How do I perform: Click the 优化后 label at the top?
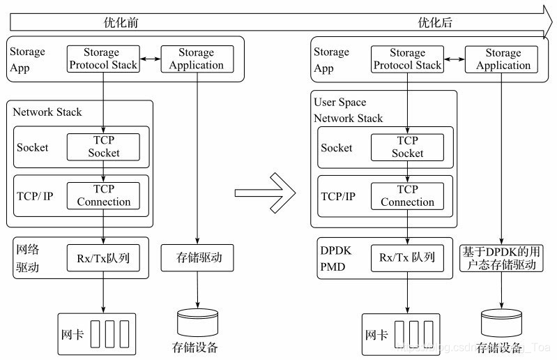coord(435,22)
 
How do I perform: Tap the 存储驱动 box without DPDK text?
coord(196,257)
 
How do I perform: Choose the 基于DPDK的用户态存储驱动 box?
coord(501,257)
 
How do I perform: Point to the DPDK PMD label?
coord(332,257)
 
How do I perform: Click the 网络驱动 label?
coord(28,257)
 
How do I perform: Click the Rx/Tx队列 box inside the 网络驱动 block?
coord(103,257)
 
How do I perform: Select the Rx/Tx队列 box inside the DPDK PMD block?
coord(407,257)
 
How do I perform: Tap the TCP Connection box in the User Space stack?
coord(407,195)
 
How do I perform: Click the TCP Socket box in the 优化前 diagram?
coord(103,147)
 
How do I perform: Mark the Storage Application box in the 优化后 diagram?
coord(503,59)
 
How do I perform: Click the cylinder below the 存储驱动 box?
coord(196,322)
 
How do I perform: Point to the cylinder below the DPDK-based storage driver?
coord(501,322)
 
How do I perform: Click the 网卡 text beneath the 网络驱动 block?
coord(73,334)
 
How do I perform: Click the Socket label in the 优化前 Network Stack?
coord(33,147)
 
